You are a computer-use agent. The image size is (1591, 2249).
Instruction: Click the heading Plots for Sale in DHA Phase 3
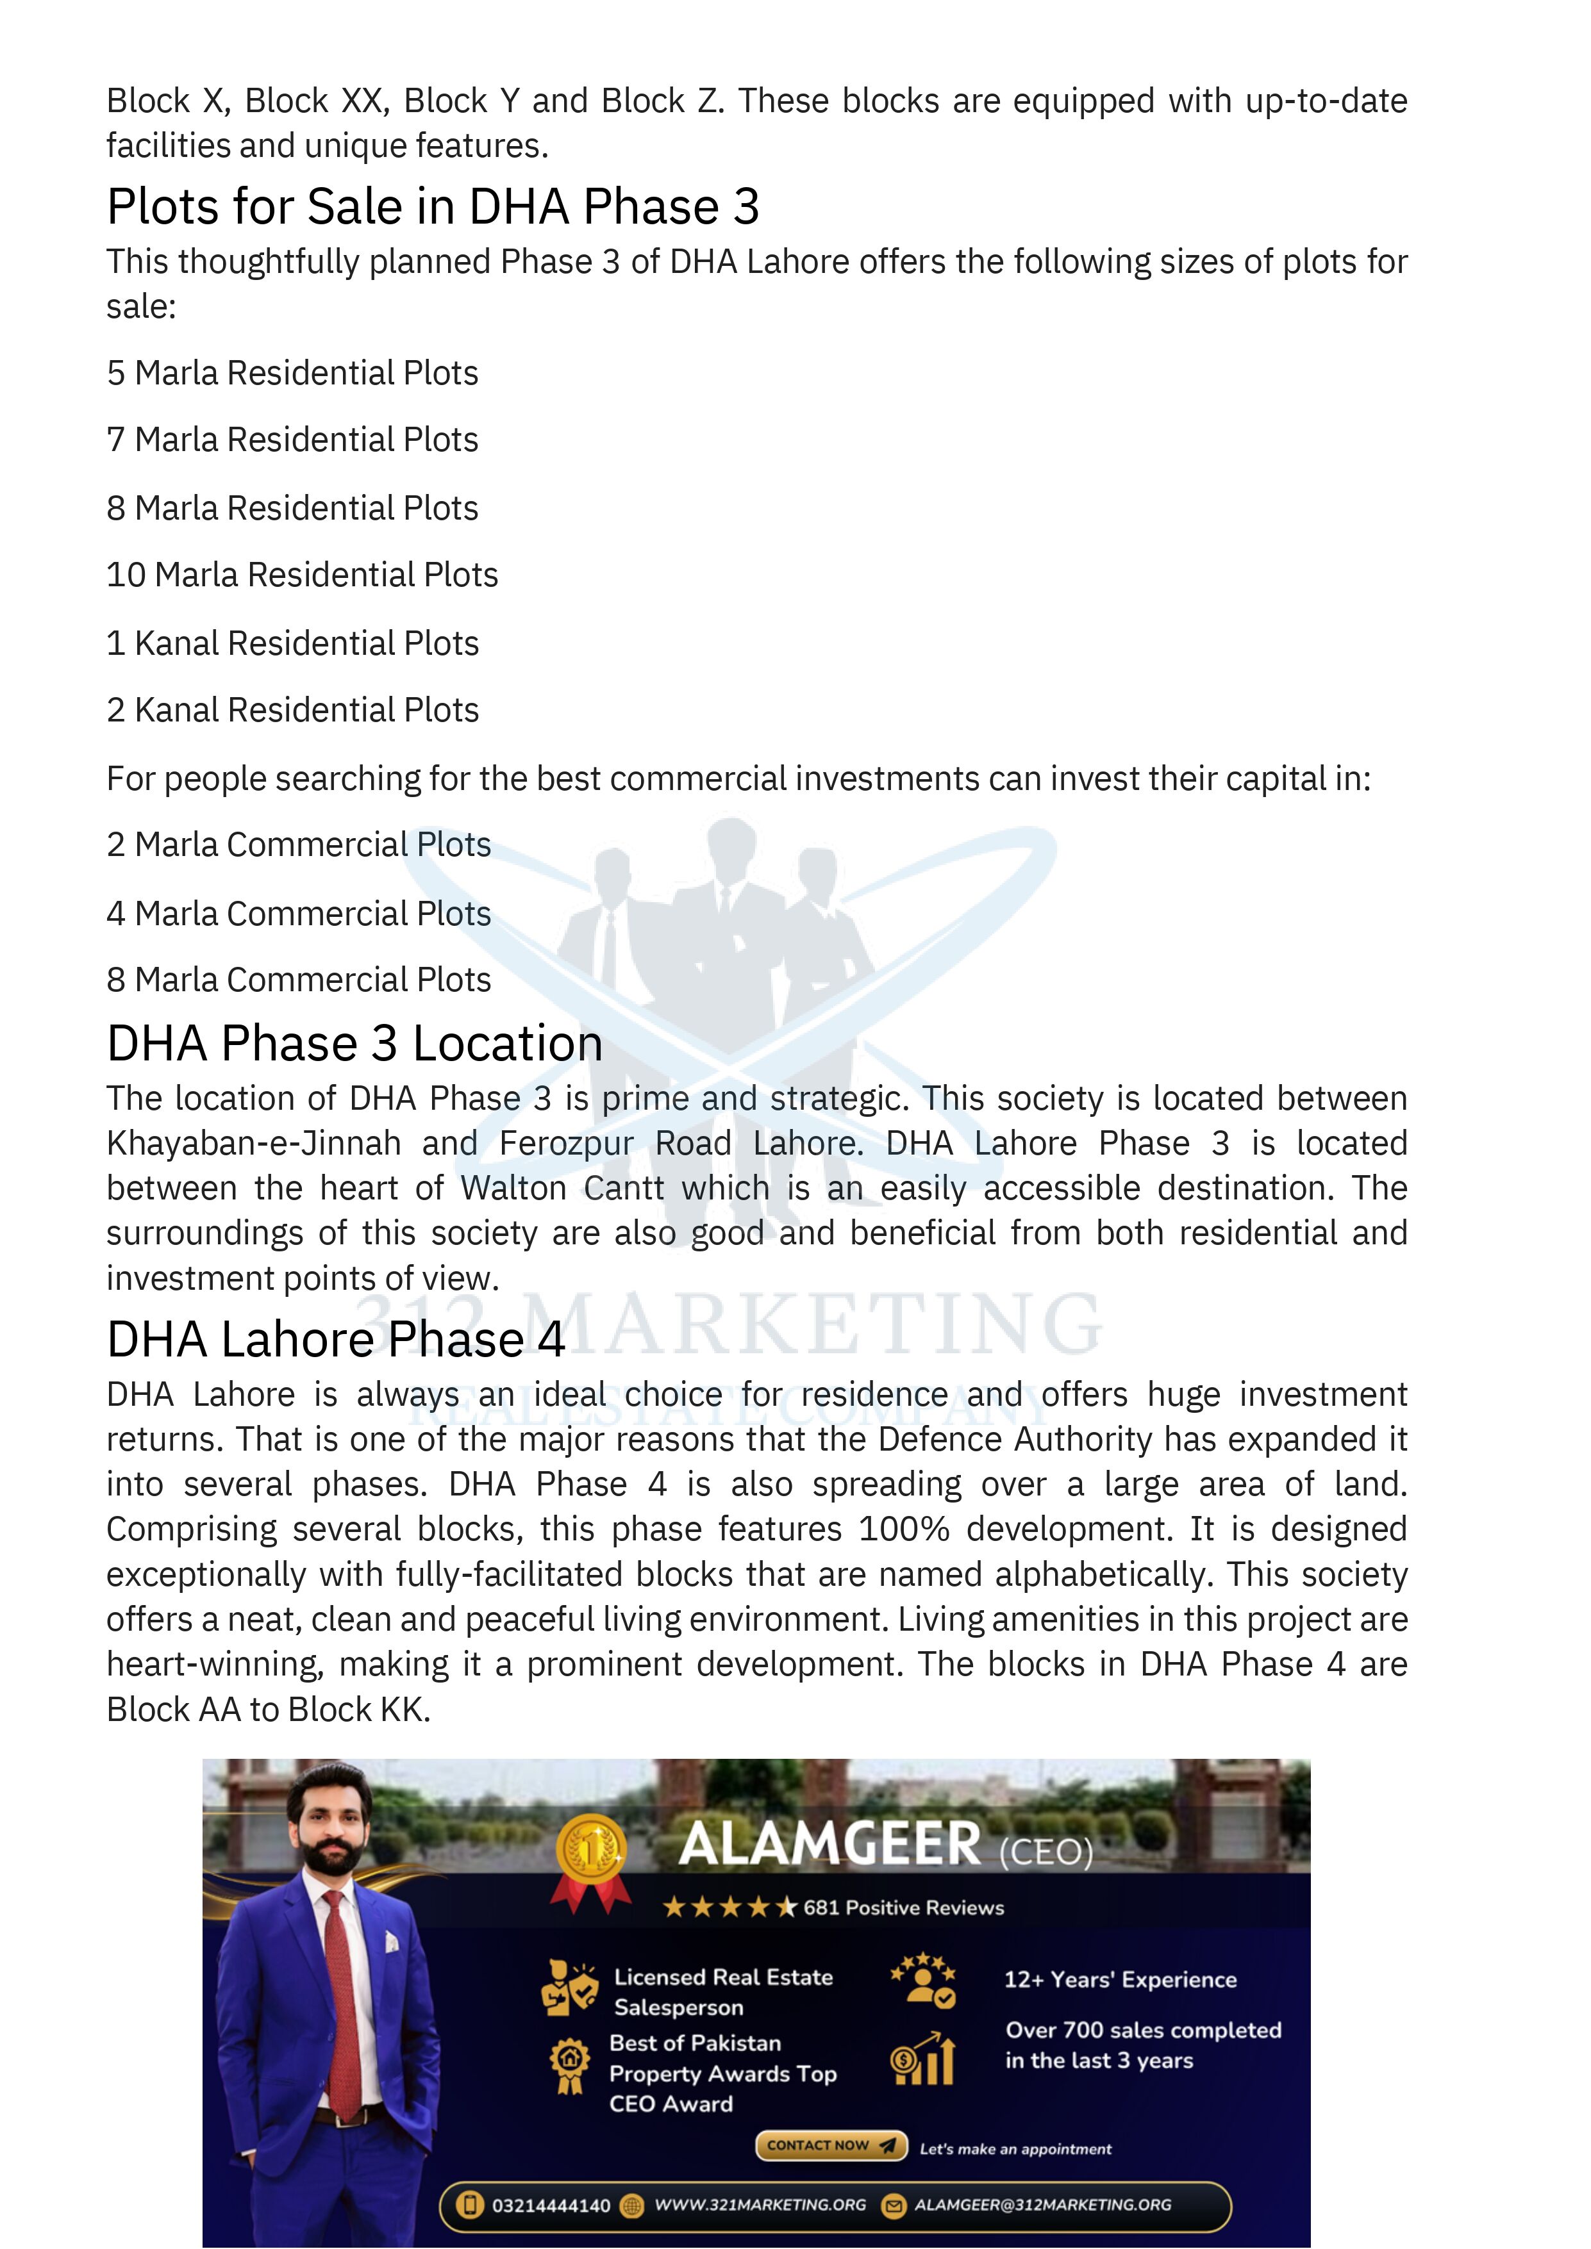(433, 207)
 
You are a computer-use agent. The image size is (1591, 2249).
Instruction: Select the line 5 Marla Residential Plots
(292, 373)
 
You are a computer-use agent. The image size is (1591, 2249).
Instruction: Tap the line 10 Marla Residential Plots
(302, 575)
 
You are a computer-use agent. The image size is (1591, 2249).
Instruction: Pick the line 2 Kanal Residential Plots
(292, 710)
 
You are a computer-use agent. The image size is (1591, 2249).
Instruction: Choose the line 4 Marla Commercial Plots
(299, 914)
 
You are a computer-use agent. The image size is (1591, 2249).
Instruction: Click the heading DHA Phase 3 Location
(354, 1043)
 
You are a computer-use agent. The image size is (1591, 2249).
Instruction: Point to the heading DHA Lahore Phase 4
(336, 1339)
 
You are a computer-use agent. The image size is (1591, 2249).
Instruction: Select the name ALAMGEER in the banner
(829, 1845)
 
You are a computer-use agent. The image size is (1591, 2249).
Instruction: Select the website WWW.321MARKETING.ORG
(760, 2205)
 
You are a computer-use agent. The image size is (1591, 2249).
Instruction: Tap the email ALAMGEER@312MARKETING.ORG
(1042, 2205)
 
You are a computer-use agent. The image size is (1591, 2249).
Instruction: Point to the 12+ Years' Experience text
(1120, 1980)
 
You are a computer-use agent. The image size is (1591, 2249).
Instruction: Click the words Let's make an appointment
(1015, 2149)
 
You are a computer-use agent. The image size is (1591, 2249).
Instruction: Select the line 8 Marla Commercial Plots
(299, 980)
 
